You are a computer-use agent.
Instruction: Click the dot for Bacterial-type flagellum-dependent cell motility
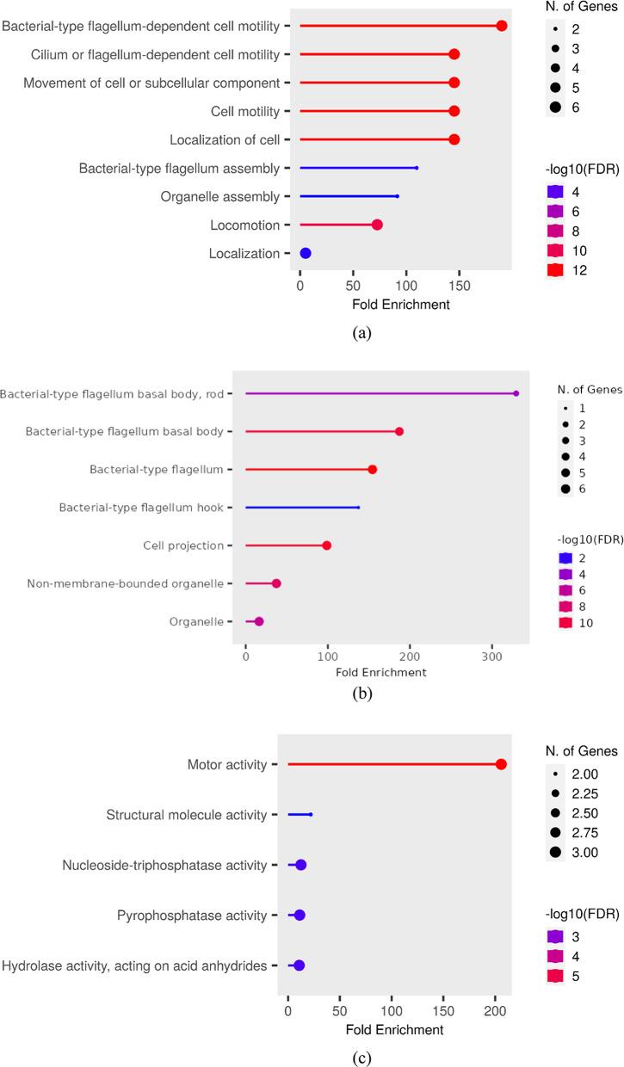point(502,26)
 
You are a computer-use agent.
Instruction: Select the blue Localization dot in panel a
point(305,253)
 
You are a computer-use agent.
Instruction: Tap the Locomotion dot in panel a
point(377,225)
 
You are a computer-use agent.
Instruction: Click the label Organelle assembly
point(220,196)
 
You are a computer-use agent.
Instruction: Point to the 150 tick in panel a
point(460,284)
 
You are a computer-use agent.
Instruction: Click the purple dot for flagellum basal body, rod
point(516,393)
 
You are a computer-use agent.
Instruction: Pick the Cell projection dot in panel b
point(327,546)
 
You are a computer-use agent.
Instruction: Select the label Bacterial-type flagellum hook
point(141,508)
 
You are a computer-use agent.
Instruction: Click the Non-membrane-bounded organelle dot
point(276,583)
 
